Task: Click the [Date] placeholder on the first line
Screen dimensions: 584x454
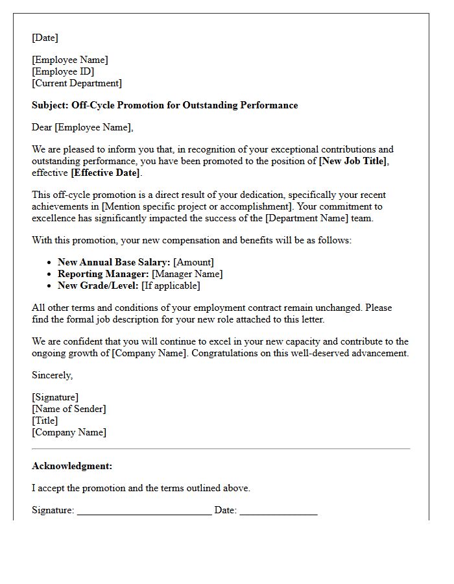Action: pyautogui.click(x=45, y=38)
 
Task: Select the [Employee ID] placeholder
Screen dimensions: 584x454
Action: pyautogui.click(x=63, y=71)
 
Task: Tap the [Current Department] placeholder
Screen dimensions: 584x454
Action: pyautogui.click(x=77, y=83)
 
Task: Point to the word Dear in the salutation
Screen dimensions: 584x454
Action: pyautogui.click(x=42, y=127)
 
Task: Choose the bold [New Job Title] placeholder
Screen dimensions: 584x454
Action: pyautogui.click(x=353, y=161)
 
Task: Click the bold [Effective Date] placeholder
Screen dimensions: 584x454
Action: pyautogui.click(x=105, y=173)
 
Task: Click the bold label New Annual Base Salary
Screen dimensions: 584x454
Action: pyautogui.click(x=114, y=262)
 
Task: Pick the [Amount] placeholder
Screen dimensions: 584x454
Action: pyautogui.click(x=193, y=262)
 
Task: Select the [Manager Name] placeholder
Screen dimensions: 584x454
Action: pyautogui.click(x=187, y=274)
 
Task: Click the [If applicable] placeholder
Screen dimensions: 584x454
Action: pyautogui.click(x=171, y=286)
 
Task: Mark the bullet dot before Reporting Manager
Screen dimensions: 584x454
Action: pyautogui.click(x=50, y=274)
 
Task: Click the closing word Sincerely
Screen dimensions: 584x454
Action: pyautogui.click(x=52, y=375)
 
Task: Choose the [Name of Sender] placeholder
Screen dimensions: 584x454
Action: pyautogui.click(x=69, y=409)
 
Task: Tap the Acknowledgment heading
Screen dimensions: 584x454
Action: pyautogui.click(x=72, y=466)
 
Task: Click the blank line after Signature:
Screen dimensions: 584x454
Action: pyautogui.click(x=144, y=511)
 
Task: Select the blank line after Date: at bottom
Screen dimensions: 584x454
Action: pyautogui.click(x=278, y=511)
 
